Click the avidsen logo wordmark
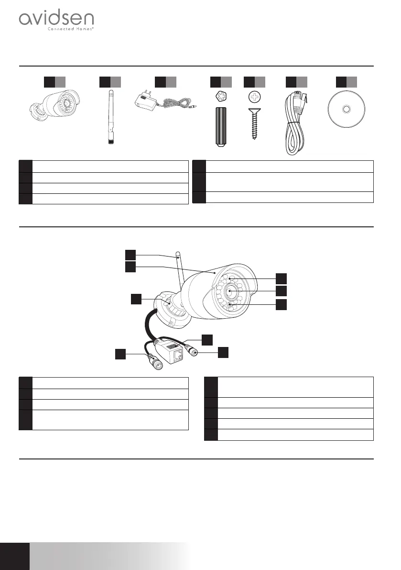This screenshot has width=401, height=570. (56, 20)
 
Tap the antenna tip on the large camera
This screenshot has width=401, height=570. (178, 254)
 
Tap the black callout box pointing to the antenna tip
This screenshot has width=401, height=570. (130, 255)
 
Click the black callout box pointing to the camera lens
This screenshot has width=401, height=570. (282, 291)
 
